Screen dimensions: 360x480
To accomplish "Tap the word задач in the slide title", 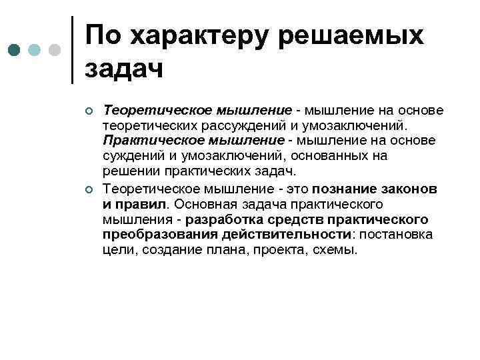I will [125, 69].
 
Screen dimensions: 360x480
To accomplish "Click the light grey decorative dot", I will [55, 50].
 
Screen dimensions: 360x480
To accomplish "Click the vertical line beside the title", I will [72, 50].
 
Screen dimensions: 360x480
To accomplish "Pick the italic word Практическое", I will [137, 140].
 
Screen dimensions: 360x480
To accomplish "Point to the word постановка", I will [396, 235].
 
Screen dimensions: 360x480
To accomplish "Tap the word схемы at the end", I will [337, 250].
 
